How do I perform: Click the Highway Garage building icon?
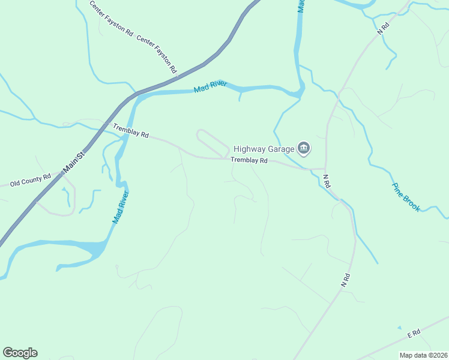click(304, 149)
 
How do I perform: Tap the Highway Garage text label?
click(264, 149)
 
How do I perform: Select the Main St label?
click(76, 159)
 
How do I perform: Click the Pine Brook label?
click(405, 197)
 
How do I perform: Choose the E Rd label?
click(414, 332)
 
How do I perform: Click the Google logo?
click(20, 353)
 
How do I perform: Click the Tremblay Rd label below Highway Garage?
click(249, 160)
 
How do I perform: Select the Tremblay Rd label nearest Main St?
click(131, 130)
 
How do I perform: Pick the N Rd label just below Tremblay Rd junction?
click(327, 181)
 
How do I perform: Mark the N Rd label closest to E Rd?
click(345, 280)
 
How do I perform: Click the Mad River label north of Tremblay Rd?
click(210, 87)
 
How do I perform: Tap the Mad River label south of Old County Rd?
click(121, 208)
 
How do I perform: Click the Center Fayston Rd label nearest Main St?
click(157, 54)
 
